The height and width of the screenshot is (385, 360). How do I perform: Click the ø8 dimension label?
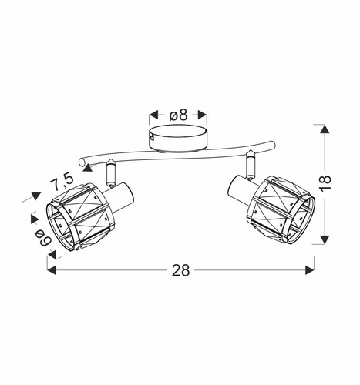178,115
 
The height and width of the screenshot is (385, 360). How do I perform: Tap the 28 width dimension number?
180,270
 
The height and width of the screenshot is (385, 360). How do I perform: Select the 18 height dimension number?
325,182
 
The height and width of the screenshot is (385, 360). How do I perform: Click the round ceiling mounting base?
178,139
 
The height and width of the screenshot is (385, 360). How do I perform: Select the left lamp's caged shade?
79,217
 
